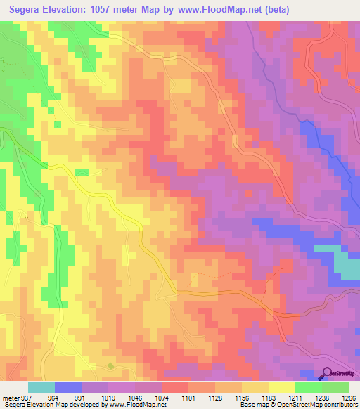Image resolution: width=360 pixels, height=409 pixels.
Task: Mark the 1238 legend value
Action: point(321,397)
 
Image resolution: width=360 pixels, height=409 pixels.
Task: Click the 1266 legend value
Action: point(348,397)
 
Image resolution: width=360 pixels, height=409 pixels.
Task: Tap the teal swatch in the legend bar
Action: point(41,387)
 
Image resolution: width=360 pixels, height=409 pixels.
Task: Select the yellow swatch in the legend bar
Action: point(281,387)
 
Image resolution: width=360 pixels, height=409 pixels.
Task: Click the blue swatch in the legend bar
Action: point(68,387)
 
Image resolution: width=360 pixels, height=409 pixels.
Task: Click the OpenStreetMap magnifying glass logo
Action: point(327,374)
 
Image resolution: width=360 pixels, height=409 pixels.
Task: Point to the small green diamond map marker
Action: point(110,365)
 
